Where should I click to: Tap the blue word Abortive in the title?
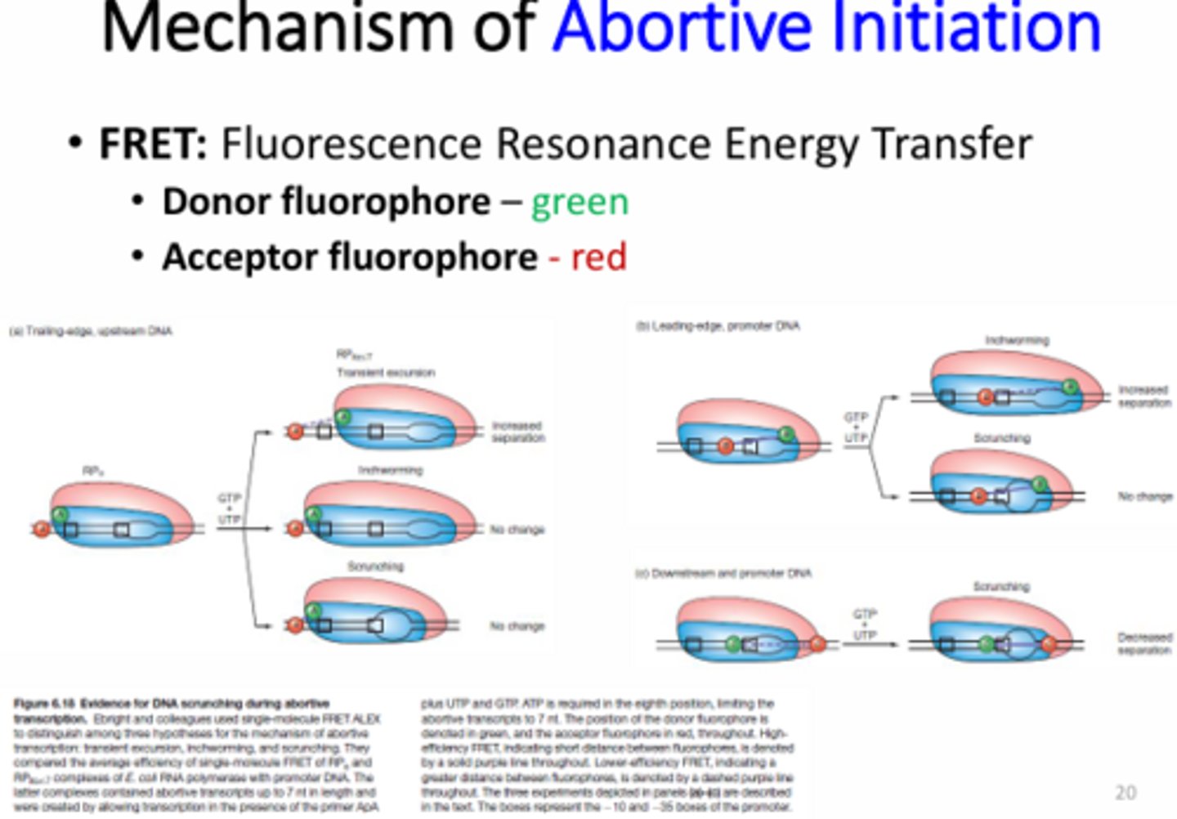tap(682, 26)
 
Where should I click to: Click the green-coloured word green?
tap(580, 202)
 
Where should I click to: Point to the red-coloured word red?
tap(598, 257)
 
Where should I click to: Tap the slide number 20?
tap(1125, 792)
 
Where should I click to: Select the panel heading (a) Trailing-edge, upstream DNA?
tap(91, 331)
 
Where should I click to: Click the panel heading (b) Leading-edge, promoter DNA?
tap(718, 325)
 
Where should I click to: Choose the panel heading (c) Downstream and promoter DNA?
tap(723, 573)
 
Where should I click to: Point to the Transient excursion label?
tap(386, 372)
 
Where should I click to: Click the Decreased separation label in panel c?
tap(1144, 643)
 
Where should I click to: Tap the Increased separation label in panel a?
tap(518, 432)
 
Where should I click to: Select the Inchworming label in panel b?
tap(1017, 339)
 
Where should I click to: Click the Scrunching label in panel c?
tap(1001, 586)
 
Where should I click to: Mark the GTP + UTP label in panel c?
tap(865, 624)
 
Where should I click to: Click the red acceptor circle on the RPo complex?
tap(41, 530)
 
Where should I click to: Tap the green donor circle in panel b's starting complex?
tap(785, 434)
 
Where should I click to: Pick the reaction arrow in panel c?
tap(870, 645)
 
